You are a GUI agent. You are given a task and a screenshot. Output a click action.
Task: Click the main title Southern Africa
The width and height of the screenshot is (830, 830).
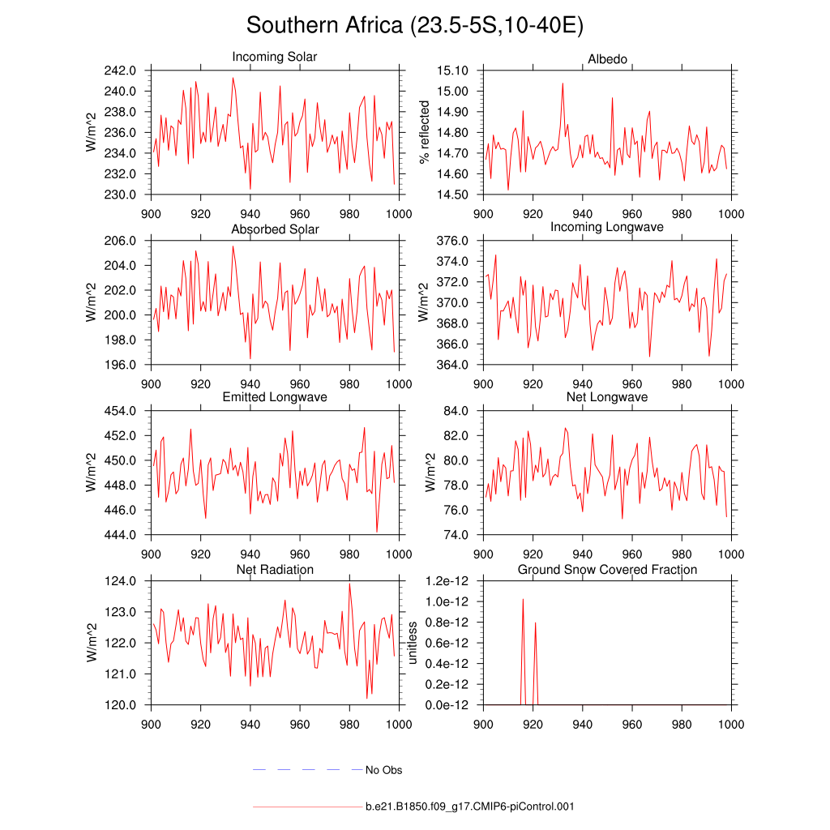coord(414,25)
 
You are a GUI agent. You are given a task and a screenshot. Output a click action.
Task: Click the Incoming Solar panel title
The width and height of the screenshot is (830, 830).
coord(275,58)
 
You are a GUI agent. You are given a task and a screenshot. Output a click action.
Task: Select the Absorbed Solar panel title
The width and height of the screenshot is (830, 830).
coord(275,229)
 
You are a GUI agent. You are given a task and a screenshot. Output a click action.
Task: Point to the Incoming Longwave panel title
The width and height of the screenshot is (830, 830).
coord(607,227)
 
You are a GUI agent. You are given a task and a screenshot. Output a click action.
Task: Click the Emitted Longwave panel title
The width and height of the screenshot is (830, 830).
coord(275,397)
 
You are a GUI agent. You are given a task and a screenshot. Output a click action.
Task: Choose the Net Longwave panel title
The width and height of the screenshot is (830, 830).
coord(607,397)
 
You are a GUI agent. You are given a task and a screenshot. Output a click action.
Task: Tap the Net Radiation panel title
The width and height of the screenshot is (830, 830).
coord(275,570)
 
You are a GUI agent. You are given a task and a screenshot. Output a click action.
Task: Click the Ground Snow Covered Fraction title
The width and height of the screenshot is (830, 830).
coord(607,570)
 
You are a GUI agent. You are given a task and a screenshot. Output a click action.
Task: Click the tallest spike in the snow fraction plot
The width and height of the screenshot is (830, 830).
coord(523,600)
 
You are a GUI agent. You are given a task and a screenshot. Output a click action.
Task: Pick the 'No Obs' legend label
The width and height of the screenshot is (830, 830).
coord(383,770)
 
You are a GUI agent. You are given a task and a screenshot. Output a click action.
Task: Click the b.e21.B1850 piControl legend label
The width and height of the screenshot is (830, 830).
coord(470,806)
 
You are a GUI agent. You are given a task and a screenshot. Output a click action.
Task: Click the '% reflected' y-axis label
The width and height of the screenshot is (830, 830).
coord(424,132)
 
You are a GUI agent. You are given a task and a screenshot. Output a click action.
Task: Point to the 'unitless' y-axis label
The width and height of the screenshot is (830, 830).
coord(413,643)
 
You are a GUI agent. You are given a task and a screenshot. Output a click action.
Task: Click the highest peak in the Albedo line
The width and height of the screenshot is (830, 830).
coord(562,83)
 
